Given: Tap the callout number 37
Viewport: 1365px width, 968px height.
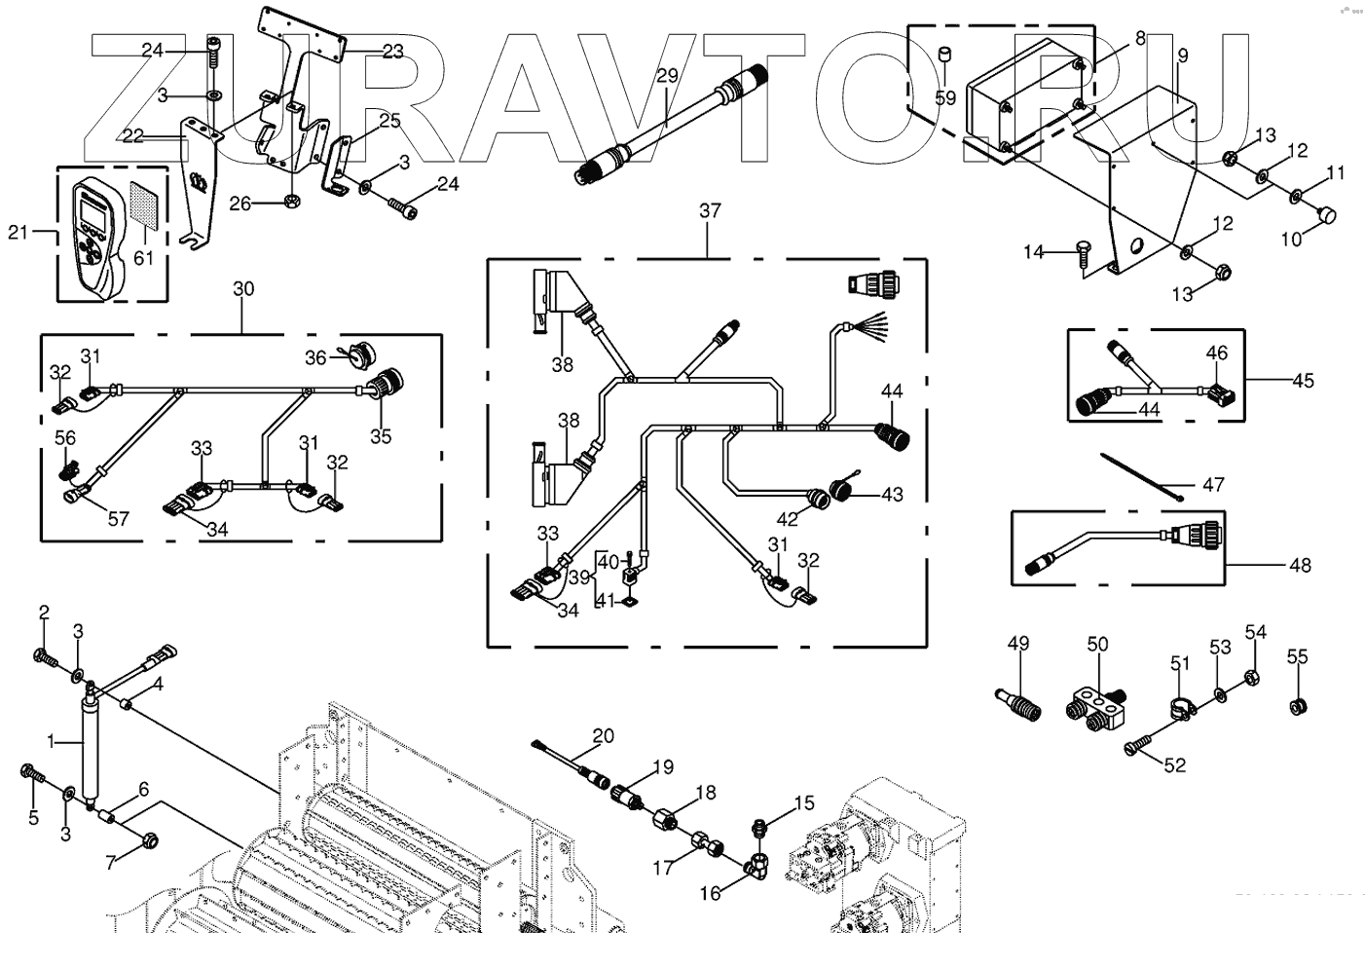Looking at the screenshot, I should point(710,210).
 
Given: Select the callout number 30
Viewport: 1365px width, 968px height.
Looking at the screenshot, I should point(243,288).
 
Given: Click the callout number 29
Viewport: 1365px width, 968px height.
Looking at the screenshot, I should point(666,75).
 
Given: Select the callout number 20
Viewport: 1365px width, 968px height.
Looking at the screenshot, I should point(604,735).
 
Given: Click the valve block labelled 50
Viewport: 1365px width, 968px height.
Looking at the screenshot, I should point(1098,709).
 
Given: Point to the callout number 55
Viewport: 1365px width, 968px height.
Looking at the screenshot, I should point(1297,657).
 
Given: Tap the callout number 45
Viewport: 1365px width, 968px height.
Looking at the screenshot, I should point(1302,380).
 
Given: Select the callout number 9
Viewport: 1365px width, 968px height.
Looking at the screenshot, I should point(1182,56).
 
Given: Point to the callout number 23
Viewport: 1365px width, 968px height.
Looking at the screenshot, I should point(391,52).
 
